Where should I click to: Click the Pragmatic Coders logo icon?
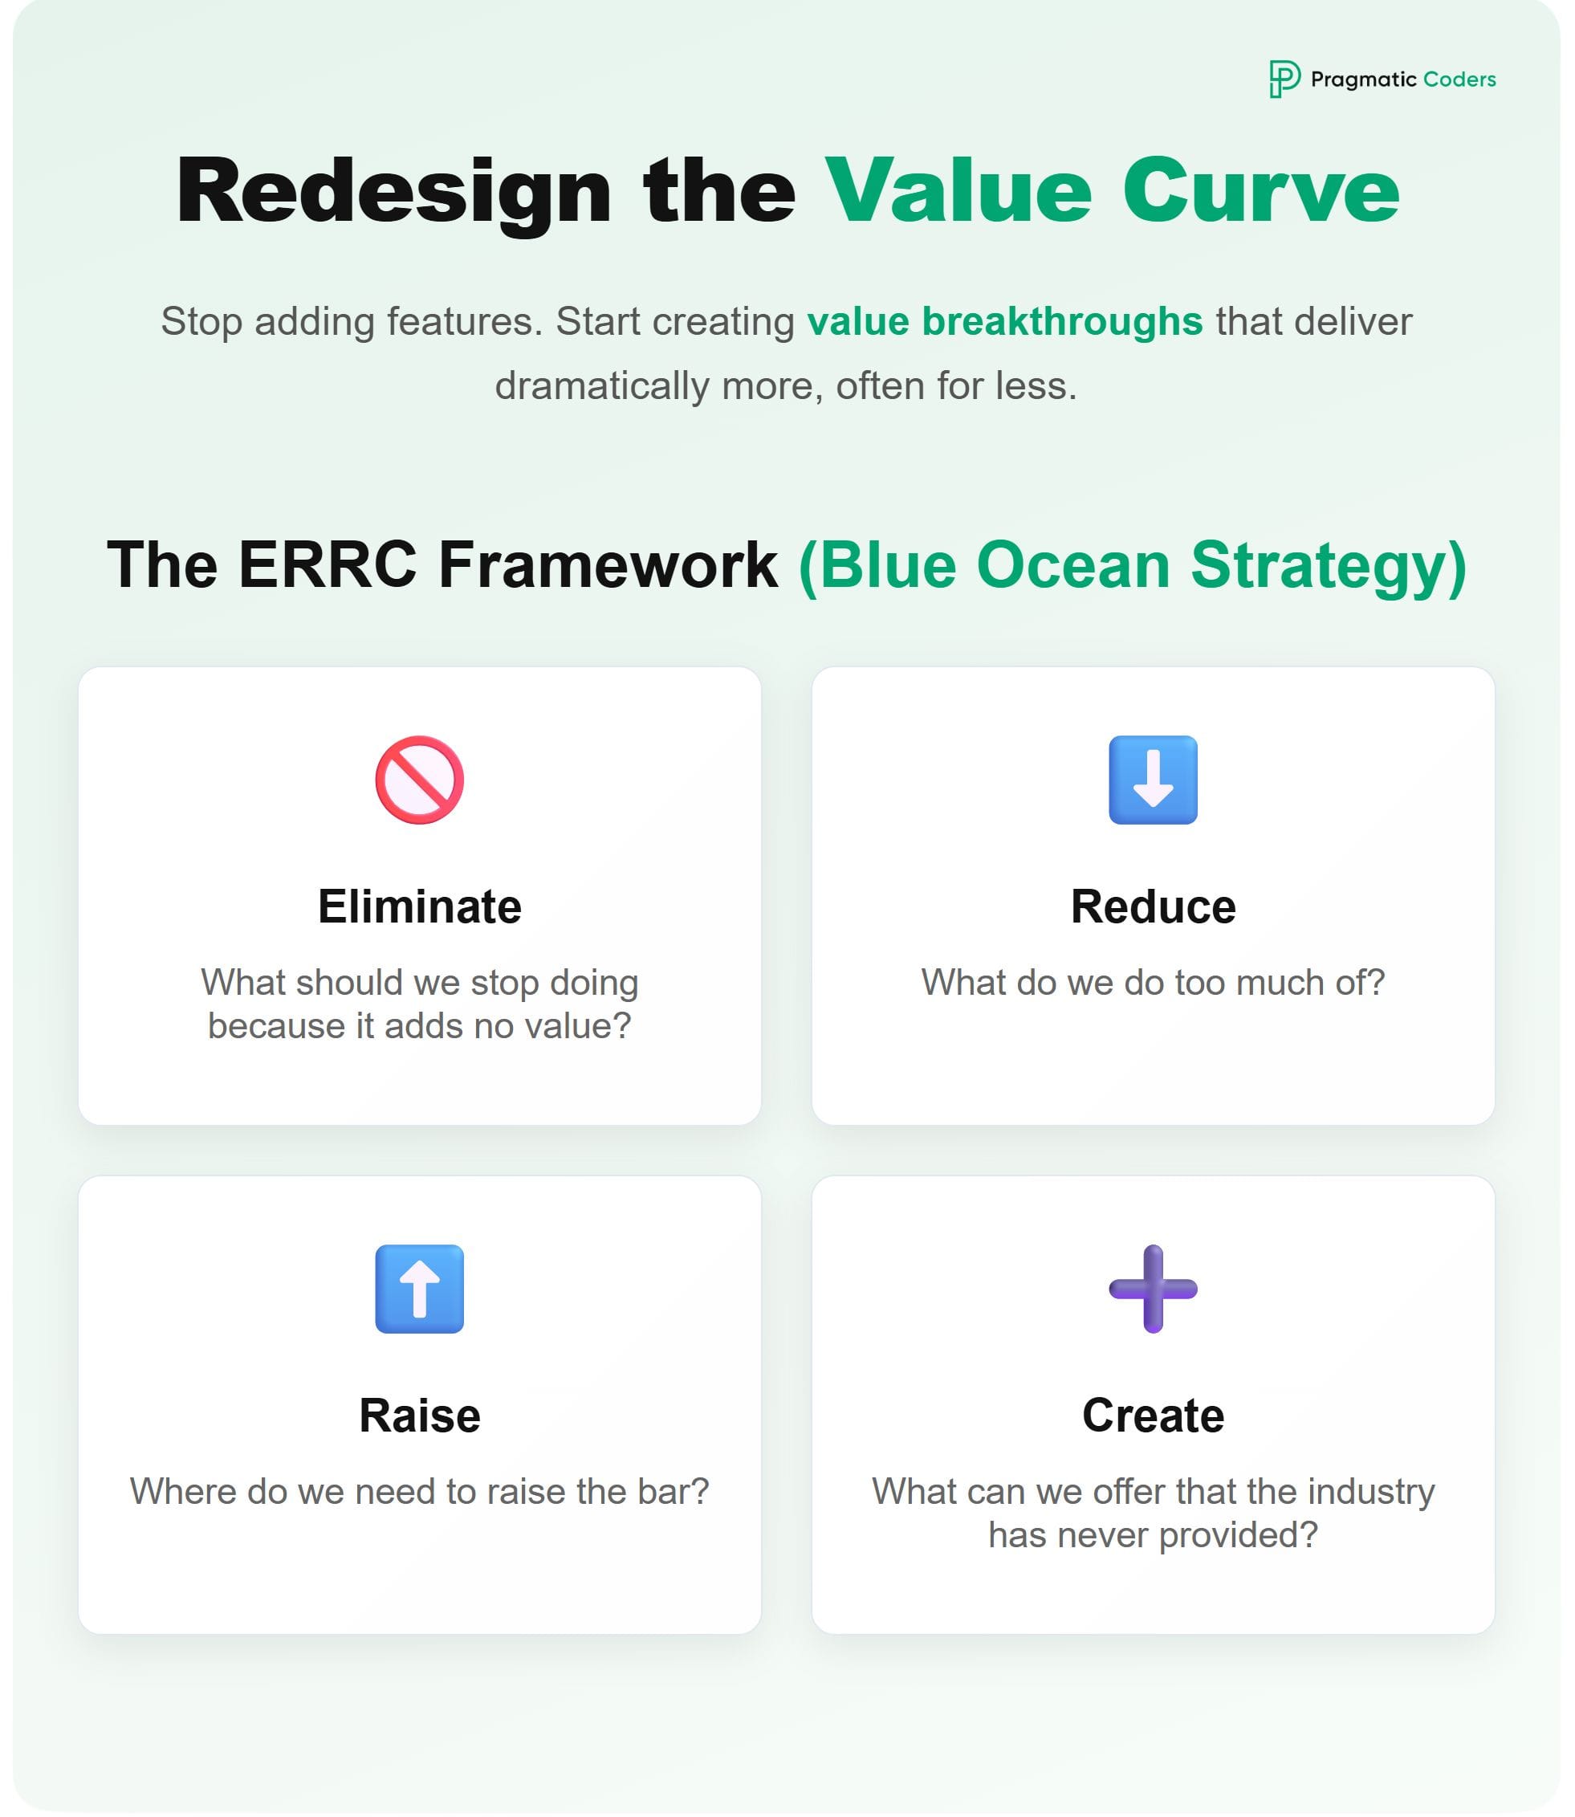point(1284,79)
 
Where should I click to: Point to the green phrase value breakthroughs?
point(1004,322)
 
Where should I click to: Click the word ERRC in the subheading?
point(327,564)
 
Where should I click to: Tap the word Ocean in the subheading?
point(1073,564)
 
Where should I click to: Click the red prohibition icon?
point(419,780)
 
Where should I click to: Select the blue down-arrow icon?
point(1152,780)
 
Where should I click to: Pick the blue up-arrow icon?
point(419,1289)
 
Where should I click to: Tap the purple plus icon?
point(1152,1289)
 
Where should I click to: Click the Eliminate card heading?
point(419,906)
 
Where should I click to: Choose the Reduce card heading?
point(1152,906)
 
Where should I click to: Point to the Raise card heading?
point(419,1416)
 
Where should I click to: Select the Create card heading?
point(1152,1416)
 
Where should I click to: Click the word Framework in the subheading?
point(608,564)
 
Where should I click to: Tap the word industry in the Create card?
point(1370,1492)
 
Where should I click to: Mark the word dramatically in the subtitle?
point(601,387)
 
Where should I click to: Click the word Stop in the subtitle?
point(201,322)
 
